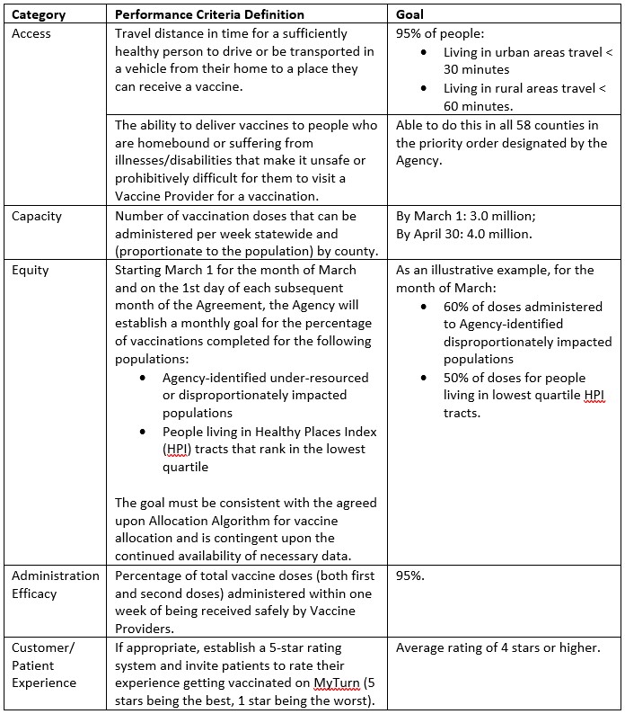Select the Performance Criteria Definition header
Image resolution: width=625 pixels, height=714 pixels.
pos(209,14)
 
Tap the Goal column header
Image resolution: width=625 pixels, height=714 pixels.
pos(411,14)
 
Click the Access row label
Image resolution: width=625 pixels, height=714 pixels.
pos(31,33)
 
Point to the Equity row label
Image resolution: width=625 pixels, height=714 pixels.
pos(30,270)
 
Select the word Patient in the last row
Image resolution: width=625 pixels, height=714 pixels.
pos(32,665)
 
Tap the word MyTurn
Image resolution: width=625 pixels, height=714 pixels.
pos(337,683)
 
